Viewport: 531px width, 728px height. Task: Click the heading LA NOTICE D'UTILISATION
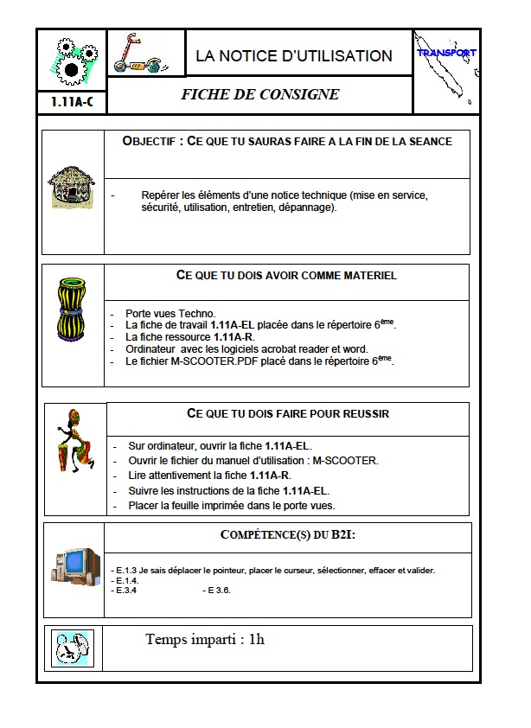(x=294, y=56)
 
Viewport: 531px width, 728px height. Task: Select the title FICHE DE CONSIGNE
(x=260, y=95)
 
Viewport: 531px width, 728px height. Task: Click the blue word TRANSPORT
(x=446, y=53)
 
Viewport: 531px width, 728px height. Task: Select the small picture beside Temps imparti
(x=72, y=648)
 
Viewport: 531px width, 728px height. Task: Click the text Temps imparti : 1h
(x=205, y=640)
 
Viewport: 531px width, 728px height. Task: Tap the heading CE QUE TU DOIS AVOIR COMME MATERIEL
(x=286, y=275)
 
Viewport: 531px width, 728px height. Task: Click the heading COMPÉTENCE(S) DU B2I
(x=288, y=535)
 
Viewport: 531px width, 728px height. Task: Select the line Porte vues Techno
(x=170, y=314)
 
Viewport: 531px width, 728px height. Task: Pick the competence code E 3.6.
(x=216, y=591)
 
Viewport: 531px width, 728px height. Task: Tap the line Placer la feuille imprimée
(x=231, y=505)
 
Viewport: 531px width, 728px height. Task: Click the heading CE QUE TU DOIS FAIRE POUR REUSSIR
(x=288, y=413)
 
